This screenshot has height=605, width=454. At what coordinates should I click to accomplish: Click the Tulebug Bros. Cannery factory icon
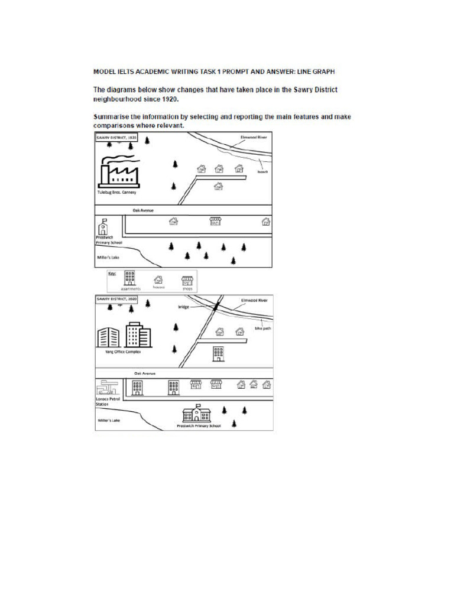(x=118, y=172)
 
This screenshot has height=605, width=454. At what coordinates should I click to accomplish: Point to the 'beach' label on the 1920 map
(x=263, y=172)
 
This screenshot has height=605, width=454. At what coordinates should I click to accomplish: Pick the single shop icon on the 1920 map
(x=215, y=221)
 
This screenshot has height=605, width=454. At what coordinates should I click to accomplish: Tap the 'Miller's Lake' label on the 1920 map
(x=108, y=258)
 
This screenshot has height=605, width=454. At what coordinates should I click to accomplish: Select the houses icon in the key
(x=158, y=280)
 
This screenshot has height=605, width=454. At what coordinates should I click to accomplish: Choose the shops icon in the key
(x=187, y=280)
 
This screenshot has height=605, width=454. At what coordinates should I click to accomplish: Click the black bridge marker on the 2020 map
(x=216, y=306)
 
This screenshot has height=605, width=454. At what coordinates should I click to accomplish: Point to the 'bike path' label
(x=262, y=328)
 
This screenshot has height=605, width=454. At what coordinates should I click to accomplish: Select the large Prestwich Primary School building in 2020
(x=196, y=414)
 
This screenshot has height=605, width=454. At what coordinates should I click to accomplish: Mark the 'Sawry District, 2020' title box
(x=116, y=300)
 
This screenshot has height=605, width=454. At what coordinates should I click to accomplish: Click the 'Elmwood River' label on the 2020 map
(x=254, y=300)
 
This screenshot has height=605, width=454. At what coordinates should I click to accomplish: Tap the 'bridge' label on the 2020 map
(x=183, y=307)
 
